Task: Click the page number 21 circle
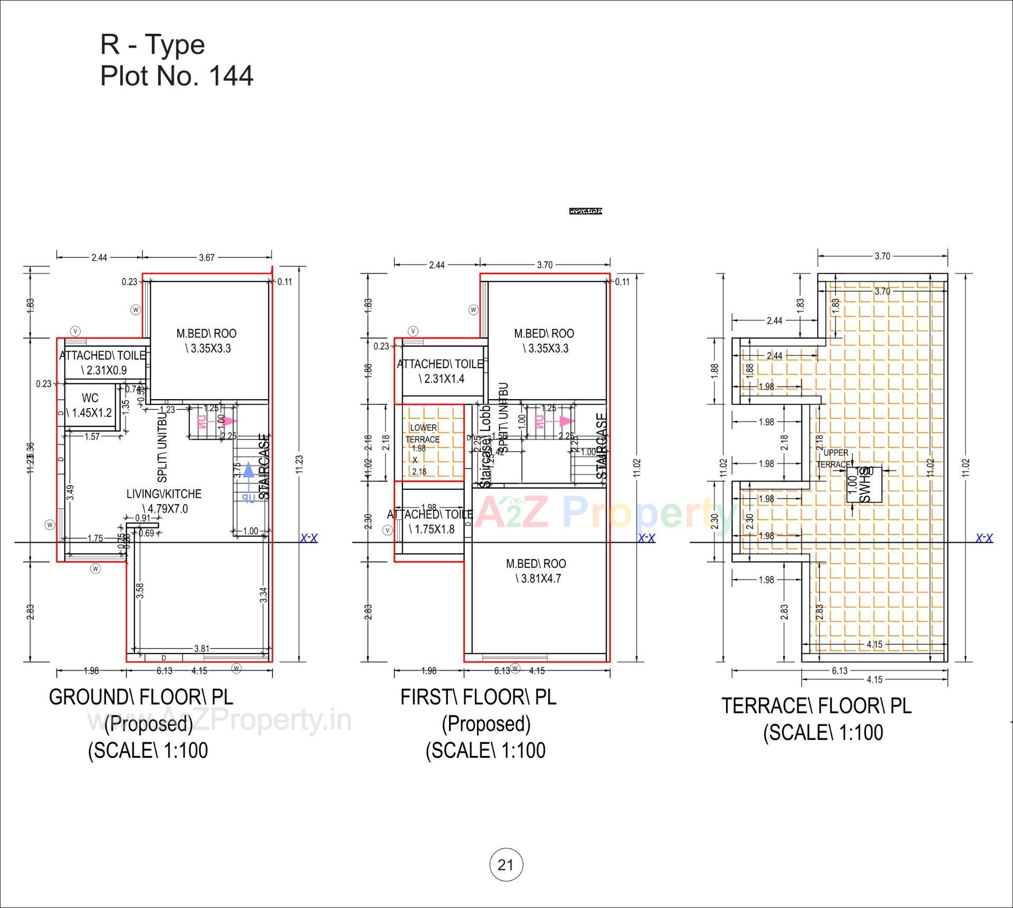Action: [506, 865]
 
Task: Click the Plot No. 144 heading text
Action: [177, 76]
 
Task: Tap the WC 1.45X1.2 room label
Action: [90, 405]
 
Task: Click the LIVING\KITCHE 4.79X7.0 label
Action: [164, 501]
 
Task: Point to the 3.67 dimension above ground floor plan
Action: [207, 258]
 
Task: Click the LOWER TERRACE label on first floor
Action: [423, 433]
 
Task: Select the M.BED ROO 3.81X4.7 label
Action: [537, 571]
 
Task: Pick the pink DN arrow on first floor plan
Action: [566, 421]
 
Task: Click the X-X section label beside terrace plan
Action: [984, 538]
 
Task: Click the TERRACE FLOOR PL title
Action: [816, 706]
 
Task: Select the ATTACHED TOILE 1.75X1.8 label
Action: [431, 522]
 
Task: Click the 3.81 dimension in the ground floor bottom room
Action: [202, 648]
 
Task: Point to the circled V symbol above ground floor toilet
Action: [75, 331]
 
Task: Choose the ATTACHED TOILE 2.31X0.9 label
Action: [102, 363]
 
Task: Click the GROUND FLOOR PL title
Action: [141, 697]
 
